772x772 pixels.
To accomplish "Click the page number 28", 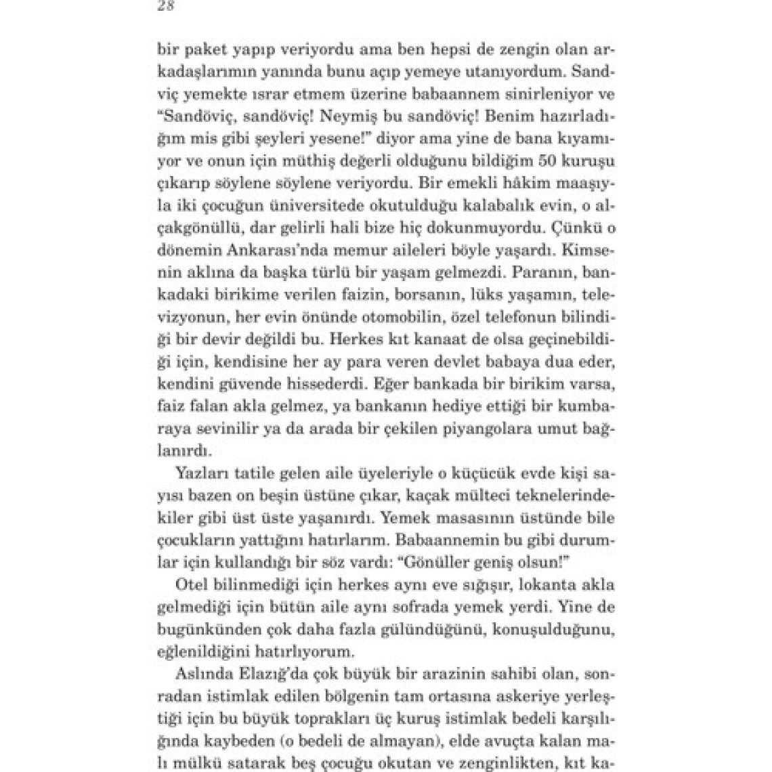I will (x=165, y=6).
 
